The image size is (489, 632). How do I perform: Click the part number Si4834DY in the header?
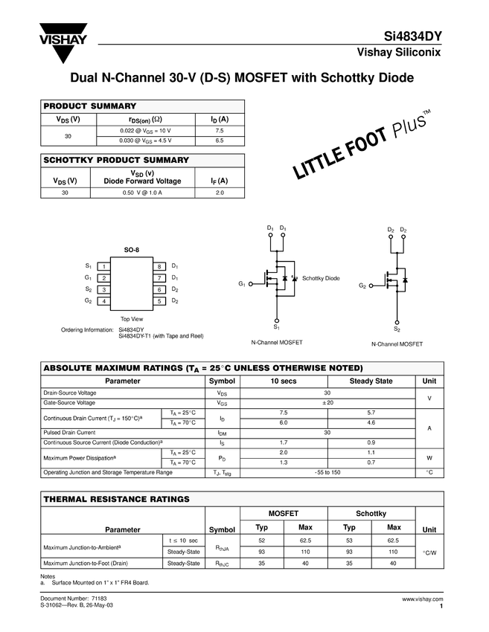click(413, 35)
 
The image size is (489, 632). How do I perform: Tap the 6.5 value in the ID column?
click(219, 140)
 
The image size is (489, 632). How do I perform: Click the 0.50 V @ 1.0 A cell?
click(142, 193)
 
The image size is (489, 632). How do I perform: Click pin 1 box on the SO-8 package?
click(105, 266)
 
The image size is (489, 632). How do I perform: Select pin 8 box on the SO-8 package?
click(159, 266)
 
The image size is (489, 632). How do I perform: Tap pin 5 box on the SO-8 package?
click(159, 301)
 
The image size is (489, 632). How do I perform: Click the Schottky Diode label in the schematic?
click(321, 278)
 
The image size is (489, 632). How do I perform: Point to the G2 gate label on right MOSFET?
click(362, 286)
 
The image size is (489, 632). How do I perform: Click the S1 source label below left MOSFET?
click(276, 327)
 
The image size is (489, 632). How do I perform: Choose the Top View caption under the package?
click(132, 318)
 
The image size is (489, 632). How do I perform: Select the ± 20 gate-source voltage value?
click(327, 402)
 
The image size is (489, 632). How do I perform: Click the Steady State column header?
click(371, 381)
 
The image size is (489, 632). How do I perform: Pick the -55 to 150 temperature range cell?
click(327, 472)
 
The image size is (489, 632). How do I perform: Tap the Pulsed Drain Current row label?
click(69, 432)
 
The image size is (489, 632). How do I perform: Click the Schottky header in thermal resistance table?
click(371, 514)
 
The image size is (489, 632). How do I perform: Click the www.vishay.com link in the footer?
click(422, 599)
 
